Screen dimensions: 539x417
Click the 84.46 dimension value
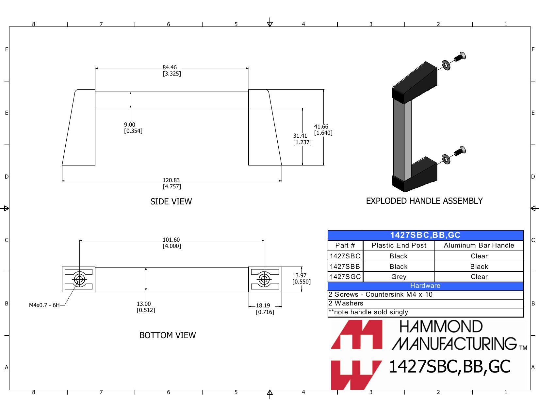[170, 68]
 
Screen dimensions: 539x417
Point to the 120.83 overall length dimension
[171, 180]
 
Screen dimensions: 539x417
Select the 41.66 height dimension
[321, 127]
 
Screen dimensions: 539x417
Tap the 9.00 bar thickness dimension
[130, 125]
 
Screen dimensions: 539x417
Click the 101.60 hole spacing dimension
[171, 240]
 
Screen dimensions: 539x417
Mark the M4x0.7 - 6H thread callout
[44, 305]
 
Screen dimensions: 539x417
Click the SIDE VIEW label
[171, 202]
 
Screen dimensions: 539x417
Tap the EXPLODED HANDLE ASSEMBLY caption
[424, 201]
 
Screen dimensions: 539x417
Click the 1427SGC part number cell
[345, 277]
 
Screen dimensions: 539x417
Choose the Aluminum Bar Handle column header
[479, 246]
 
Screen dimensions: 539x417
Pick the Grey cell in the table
[399, 277]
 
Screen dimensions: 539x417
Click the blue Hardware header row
[425, 286]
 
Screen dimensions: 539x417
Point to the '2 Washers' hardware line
[346, 304]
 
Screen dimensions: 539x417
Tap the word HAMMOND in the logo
[441, 327]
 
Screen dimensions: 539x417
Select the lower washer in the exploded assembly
[446, 159]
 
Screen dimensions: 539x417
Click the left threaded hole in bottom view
[79, 279]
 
